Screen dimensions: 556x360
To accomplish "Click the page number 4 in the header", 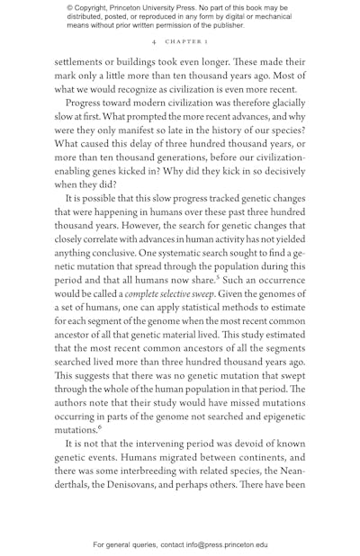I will pyautogui.click(x=154, y=42).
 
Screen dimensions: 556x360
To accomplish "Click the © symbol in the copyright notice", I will pyautogui.click(x=70, y=7).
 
